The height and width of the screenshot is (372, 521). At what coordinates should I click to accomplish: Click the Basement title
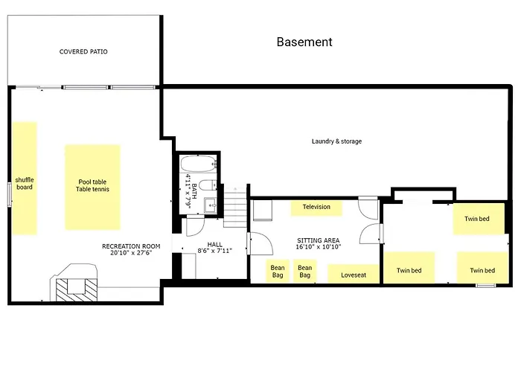coord(304,42)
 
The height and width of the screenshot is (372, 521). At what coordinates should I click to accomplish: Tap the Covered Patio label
coord(83,51)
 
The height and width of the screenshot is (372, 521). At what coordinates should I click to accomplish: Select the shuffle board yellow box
coord(25,179)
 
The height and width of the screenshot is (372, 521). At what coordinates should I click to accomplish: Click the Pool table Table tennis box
coord(92,187)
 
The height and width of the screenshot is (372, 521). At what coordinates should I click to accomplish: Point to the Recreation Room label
coord(131,246)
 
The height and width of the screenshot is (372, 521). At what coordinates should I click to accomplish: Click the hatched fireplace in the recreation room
coord(77,290)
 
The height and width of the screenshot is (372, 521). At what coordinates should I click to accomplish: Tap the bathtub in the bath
coord(198,164)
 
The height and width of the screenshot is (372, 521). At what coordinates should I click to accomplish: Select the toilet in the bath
coord(208,185)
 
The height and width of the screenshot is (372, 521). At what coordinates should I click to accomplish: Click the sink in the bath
coord(211,205)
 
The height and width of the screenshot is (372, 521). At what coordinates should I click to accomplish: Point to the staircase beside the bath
coord(235,207)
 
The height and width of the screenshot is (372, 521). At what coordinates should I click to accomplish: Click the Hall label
coord(214,245)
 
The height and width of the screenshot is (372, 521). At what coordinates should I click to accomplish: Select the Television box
coord(316,208)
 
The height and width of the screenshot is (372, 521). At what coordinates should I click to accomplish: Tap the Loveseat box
coord(354,274)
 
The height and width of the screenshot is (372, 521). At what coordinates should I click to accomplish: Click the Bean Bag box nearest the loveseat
coord(304,271)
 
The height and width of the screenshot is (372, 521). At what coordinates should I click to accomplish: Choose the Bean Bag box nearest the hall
coord(278,271)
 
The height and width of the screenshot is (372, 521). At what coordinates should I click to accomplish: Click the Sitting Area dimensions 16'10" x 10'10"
coord(319,247)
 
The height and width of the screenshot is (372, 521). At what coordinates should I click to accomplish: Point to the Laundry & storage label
coord(336,141)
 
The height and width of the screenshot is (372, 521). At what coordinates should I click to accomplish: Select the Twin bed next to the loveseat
coord(409,268)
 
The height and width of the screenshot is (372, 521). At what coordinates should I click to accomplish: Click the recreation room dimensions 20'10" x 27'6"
coord(131,252)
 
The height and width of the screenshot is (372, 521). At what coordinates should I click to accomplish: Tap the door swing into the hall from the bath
coord(195,226)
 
